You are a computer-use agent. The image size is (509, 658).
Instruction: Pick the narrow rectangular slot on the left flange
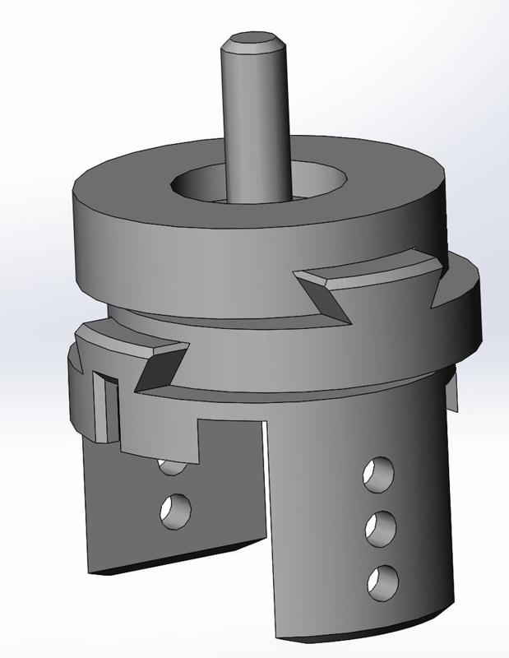tap(102, 407)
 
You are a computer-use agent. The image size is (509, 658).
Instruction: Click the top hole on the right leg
tap(378, 474)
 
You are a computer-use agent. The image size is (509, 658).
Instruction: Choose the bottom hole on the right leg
tap(380, 581)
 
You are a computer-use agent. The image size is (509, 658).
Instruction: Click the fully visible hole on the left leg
tap(174, 510)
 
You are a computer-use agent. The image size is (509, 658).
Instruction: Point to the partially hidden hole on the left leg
tap(170, 468)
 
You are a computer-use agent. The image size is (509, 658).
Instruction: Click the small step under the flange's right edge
tap(451, 387)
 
